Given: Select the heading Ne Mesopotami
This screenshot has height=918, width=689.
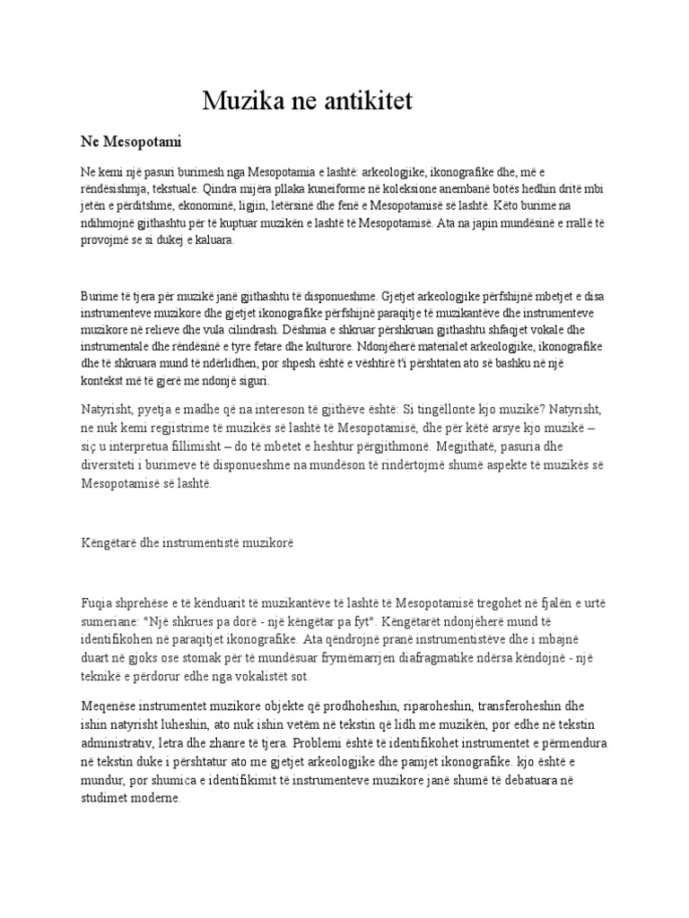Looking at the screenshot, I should point(132,142).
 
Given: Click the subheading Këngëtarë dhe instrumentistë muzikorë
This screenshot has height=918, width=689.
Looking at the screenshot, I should point(188,543).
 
